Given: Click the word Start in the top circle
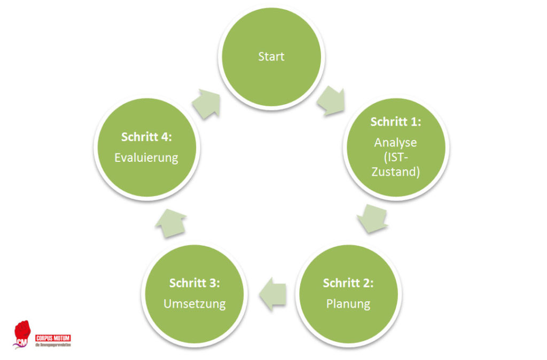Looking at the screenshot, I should (x=271, y=57).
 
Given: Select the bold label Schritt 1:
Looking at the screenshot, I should (x=396, y=122).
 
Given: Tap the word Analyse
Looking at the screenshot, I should (x=395, y=143).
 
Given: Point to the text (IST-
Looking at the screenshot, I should (x=396, y=158).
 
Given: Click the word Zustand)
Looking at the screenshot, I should (x=396, y=173).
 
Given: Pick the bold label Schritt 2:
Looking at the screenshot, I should (x=348, y=283).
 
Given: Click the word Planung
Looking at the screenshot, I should (x=348, y=304).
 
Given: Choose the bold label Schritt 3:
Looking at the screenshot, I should (x=194, y=283).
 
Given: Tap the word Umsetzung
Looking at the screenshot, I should (x=194, y=304).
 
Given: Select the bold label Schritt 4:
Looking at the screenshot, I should (x=146, y=137).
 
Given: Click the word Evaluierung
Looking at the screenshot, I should (x=146, y=158).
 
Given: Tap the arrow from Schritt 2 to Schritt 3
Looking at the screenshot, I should (x=272, y=293).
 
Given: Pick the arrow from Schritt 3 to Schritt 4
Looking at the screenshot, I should (x=170, y=223).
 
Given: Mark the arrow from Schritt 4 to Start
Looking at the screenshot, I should (x=207, y=102).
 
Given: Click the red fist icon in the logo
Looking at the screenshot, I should (x=22, y=331).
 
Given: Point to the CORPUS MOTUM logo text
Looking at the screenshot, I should (x=53, y=339).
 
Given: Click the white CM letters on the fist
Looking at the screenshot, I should (x=22, y=340).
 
